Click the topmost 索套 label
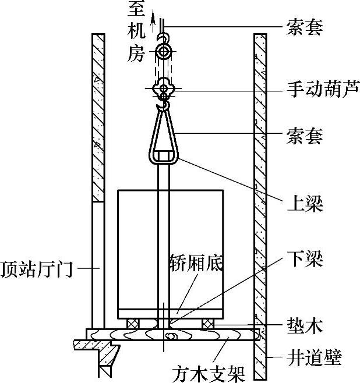pos(304,27)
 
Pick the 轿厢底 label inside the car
pos(196,260)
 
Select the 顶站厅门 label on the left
pos(36,269)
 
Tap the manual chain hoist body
pos(164,88)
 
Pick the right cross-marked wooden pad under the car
pos(209,323)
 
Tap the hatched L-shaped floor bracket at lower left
pos(101,352)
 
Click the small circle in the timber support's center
pos(171,336)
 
